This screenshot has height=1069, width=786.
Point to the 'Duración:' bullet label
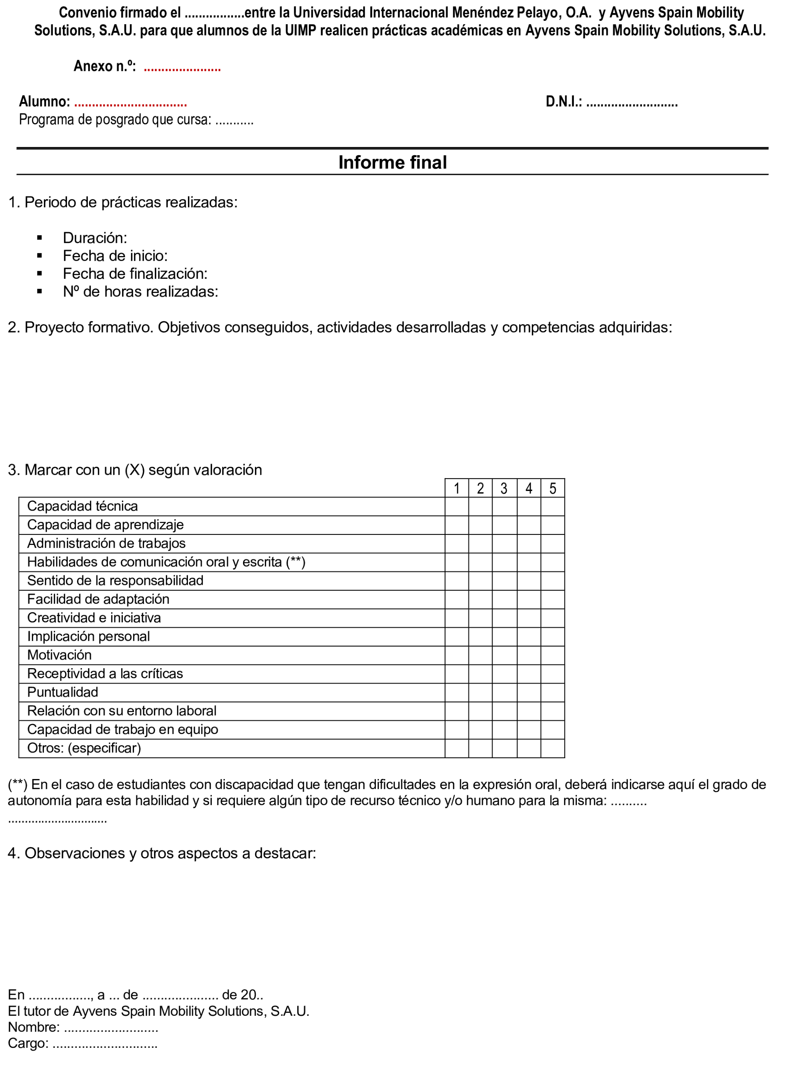pyautogui.click(x=95, y=238)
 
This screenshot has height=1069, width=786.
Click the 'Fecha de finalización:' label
pyautogui.click(x=135, y=273)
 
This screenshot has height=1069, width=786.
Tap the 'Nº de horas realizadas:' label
pyautogui.click(x=140, y=292)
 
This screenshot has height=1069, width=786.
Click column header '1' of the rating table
pyautogui.click(x=457, y=489)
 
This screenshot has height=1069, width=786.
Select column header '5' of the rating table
pyautogui.click(x=553, y=489)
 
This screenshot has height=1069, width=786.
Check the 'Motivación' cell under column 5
pyautogui.click(x=553, y=655)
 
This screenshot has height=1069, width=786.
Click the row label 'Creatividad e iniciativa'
pyautogui.click(x=94, y=618)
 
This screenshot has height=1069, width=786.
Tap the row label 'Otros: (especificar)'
pyautogui.click(x=84, y=748)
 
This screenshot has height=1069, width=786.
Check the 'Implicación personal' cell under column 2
pyautogui.click(x=481, y=637)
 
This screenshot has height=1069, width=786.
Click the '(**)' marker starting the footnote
pyautogui.click(x=18, y=784)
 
